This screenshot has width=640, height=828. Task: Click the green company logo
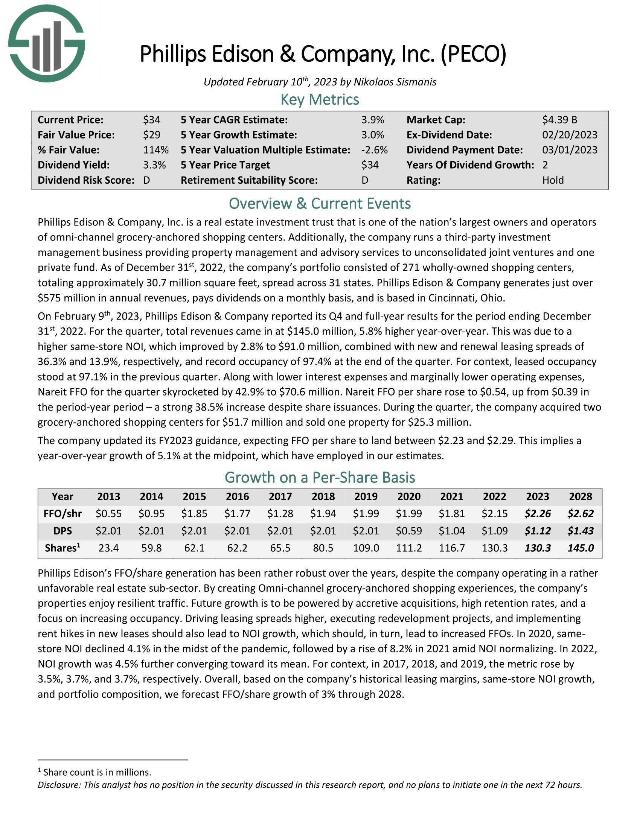pyautogui.click(x=47, y=43)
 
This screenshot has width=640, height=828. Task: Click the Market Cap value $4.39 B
pyautogui.click(x=559, y=120)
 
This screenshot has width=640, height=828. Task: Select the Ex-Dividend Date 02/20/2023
pyautogui.click(x=570, y=135)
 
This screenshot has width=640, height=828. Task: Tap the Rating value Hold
pyautogui.click(x=553, y=180)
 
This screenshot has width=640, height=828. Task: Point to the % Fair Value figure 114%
pyautogui.click(x=155, y=150)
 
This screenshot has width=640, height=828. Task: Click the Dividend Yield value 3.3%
pyautogui.click(x=154, y=165)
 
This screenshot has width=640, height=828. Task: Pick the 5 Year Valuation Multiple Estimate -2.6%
pyautogui.click(x=374, y=150)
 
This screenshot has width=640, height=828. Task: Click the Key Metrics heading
pyautogui.click(x=320, y=99)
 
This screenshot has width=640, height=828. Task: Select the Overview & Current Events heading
pyautogui.click(x=320, y=204)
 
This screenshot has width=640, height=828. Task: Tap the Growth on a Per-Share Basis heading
pyautogui.click(x=320, y=477)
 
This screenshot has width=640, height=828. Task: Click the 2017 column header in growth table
pyautogui.click(x=280, y=496)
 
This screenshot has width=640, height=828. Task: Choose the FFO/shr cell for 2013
pyautogui.click(x=108, y=514)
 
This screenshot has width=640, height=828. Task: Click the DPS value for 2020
pyautogui.click(x=409, y=531)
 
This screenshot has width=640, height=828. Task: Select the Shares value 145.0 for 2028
pyautogui.click(x=580, y=548)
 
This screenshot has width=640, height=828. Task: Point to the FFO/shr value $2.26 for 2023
pyautogui.click(x=537, y=514)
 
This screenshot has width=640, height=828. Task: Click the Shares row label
pyautogui.click(x=62, y=548)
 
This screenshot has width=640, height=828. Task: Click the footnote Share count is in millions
pyautogui.click(x=97, y=772)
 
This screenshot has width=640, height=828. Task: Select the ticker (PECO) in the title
pyautogui.click(x=473, y=54)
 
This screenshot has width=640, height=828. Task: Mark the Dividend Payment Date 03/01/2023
pyautogui.click(x=570, y=150)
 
